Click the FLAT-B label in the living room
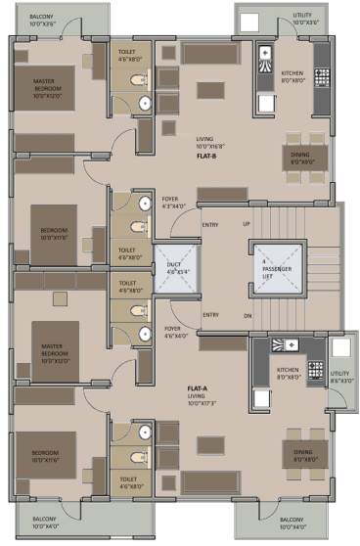click(x=206, y=156)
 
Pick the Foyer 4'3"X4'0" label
click(x=173, y=203)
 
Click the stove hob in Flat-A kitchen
click(x=316, y=370)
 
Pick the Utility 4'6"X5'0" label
click(x=339, y=377)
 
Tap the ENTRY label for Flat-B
click(x=209, y=224)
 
